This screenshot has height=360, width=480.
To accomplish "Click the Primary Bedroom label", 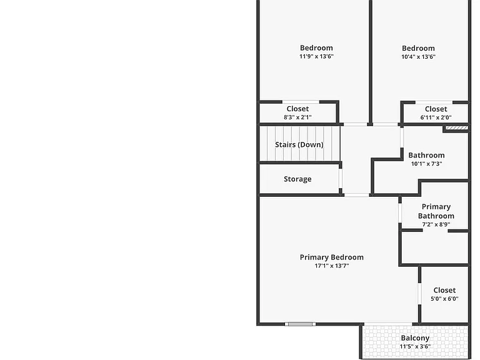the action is [x=331, y=257].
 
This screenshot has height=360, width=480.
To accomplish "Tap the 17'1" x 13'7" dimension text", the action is [x=331, y=266].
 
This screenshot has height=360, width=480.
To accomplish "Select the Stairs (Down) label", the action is [x=299, y=144].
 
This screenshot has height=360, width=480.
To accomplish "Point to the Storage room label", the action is [x=297, y=179].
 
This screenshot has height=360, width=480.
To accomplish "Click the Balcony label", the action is [x=415, y=338].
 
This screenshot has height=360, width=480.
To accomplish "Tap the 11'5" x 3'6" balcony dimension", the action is [x=415, y=346].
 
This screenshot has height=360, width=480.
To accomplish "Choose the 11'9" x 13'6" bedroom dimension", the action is [x=316, y=56].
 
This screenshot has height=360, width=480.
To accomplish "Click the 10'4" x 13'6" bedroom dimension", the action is [x=418, y=57].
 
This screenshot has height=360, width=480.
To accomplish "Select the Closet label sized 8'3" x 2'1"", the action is [x=297, y=109].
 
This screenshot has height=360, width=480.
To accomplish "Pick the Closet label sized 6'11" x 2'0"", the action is [x=436, y=109].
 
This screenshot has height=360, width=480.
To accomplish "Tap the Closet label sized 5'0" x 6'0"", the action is [x=444, y=290].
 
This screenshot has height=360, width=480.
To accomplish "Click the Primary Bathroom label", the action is [x=436, y=211].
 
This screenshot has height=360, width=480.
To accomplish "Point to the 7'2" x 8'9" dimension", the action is [x=436, y=224].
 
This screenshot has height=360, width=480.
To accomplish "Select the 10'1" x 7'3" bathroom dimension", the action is [x=426, y=164].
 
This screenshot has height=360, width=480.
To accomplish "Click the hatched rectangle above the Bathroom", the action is [x=456, y=128].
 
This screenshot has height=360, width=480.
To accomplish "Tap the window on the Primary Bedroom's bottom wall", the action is [x=300, y=324].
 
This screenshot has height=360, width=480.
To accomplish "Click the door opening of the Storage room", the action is [x=341, y=178].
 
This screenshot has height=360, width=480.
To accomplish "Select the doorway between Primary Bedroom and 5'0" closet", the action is [x=419, y=294].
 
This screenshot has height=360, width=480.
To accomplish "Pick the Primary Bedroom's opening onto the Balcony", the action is [x=389, y=324].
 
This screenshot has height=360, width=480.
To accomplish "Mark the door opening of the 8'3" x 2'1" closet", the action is [x=301, y=102].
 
